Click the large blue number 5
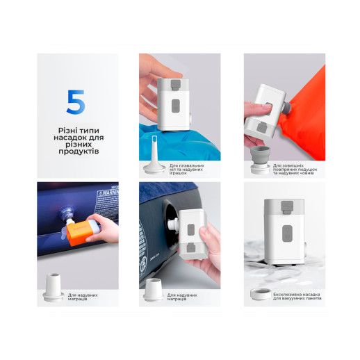pyautogui.click(x=75, y=101)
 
